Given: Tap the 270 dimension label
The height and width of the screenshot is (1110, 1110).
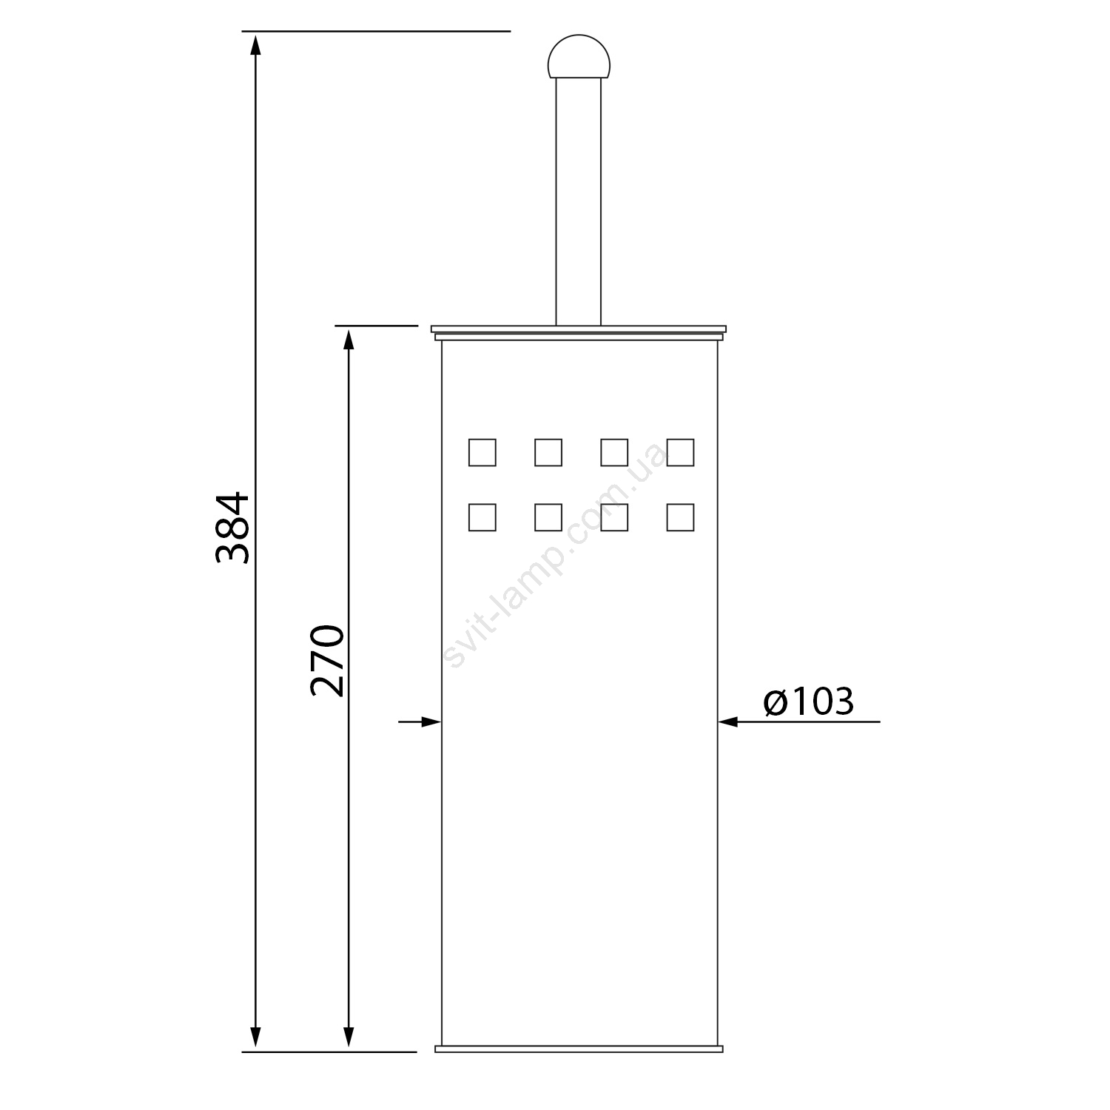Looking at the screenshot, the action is click(x=327, y=661).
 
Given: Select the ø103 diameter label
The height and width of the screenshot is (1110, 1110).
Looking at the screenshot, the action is click(x=809, y=702).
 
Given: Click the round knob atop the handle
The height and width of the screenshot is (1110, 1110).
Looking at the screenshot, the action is click(x=579, y=57).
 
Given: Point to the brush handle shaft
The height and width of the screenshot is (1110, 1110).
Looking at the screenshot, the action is click(x=579, y=202).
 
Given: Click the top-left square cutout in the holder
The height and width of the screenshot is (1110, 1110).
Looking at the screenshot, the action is click(x=482, y=452).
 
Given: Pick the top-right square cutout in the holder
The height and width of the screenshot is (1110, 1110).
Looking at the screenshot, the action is click(x=680, y=452).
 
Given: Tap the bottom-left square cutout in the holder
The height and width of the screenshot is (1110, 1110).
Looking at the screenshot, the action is click(x=482, y=517).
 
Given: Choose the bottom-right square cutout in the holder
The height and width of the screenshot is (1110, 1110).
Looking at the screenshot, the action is click(x=680, y=517).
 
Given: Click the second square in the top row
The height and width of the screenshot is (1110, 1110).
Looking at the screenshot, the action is click(x=548, y=452).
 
